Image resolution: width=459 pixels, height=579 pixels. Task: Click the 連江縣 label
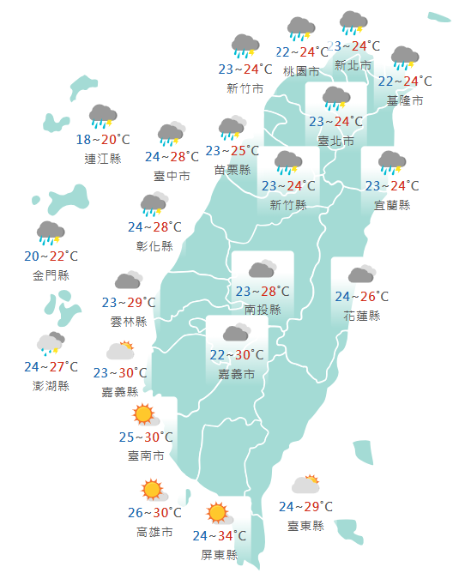pyautogui.click(x=103, y=158)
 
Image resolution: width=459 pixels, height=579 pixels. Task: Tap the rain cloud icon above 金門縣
pyautogui.click(x=51, y=232)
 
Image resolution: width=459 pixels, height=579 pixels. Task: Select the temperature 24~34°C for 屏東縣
pyautogui.click(x=219, y=536)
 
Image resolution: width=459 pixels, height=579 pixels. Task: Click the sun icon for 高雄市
pyautogui.click(x=153, y=490)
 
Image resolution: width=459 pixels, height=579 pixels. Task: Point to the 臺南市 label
pyautogui.click(x=145, y=456)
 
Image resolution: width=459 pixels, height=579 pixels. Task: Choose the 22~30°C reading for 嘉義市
pyautogui.click(x=237, y=356)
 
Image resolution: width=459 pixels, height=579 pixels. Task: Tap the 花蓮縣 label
pyautogui.click(x=361, y=316)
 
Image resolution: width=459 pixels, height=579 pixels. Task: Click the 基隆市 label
pyautogui.click(x=405, y=101)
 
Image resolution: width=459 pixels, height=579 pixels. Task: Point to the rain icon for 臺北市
pyautogui.click(x=335, y=99)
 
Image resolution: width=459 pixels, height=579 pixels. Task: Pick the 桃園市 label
pyautogui.click(x=301, y=71)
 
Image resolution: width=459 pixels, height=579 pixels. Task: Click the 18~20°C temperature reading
pyautogui.click(x=103, y=140)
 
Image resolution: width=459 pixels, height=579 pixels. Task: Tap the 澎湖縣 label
pyautogui.click(x=51, y=385)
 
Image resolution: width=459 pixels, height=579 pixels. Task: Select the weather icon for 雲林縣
pyautogui.click(x=129, y=280)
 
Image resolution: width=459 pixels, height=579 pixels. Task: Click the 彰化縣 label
pyautogui.click(x=154, y=246)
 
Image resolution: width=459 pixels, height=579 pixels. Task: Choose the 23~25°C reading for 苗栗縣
pyautogui.click(x=232, y=152)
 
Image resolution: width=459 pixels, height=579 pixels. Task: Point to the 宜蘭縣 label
pyautogui.click(x=392, y=204)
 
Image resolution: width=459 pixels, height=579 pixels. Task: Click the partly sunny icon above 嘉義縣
pyautogui.click(x=120, y=350)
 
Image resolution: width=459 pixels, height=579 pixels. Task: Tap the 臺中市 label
pyautogui.click(x=172, y=176)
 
